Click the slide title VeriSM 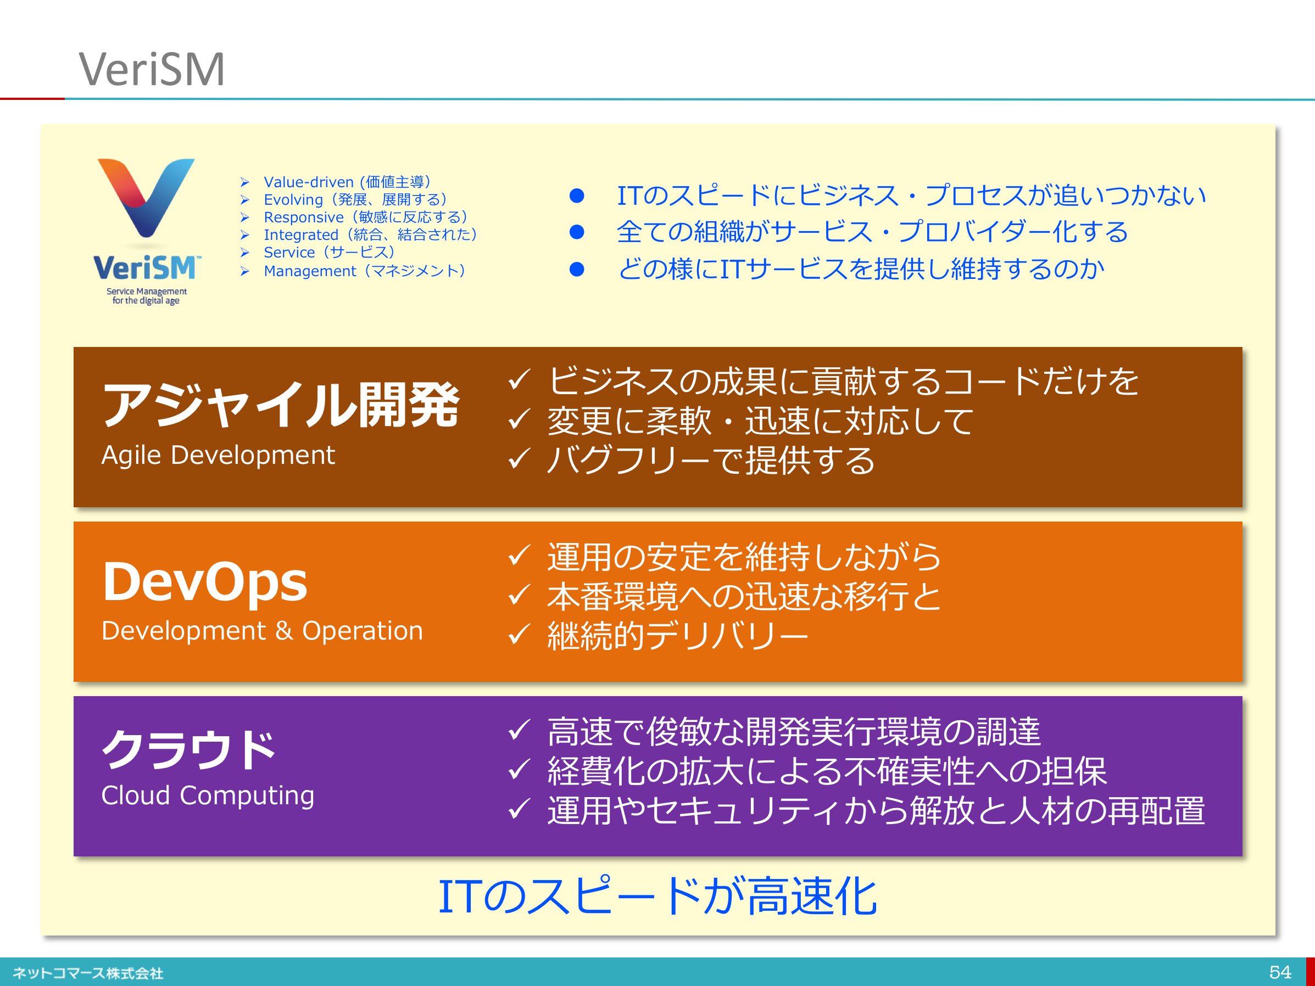(x=152, y=69)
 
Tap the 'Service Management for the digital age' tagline (x=146, y=296)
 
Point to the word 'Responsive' (x=304, y=217)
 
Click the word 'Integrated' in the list (x=301, y=235)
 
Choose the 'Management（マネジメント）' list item (x=364, y=271)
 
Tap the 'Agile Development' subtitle (x=218, y=455)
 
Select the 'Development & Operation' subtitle (x=262, y=631)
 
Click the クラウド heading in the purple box (x=189, y=748)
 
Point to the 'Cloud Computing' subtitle (x=208, y=796)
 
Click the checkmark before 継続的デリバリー (x=519, y=634)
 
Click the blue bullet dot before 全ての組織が (x=577, y=232)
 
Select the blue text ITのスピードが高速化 (x=657, y=897)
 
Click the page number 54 (x=1280, y=972)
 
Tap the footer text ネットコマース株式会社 (x=88, y=973)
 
